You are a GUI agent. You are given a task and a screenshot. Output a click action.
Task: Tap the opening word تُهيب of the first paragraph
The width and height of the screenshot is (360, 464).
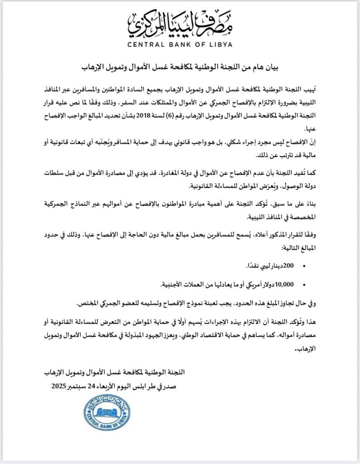click(x=310, y=86)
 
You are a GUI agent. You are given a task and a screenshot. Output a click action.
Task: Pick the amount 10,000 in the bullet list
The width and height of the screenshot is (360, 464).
click(x=284, y=284)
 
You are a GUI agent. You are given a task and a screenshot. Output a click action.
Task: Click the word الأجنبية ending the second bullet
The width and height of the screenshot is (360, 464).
click(x=177, y=284)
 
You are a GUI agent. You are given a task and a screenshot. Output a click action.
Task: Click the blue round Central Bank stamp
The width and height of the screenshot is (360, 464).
click(x=104, y=413)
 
